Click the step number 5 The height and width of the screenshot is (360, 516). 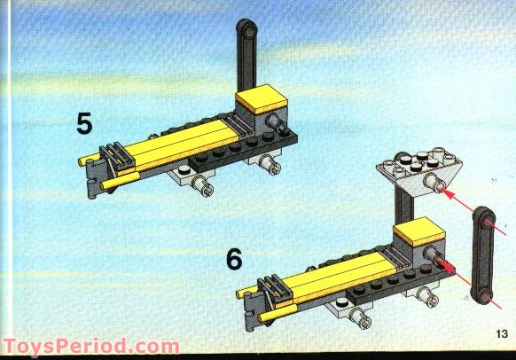pyautogui.click(x=84, y=122)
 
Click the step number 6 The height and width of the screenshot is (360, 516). pyautogui.click(x=233, y=259)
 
